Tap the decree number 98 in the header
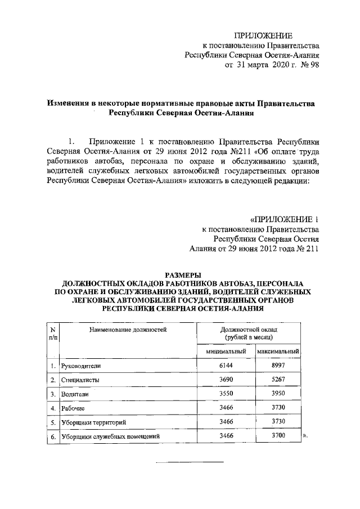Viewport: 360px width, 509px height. (x=314, y=65)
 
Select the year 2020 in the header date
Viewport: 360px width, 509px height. (x=272, y=65)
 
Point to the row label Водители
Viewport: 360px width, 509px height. (x=74, y=394)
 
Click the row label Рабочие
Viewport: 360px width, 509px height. (x=73, y=408)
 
